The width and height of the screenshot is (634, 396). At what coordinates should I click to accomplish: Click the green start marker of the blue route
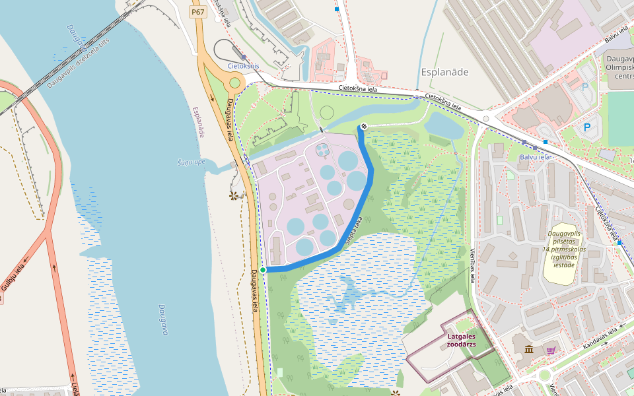coord(263,270)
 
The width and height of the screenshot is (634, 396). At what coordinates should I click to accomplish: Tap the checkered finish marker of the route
coord(362,127)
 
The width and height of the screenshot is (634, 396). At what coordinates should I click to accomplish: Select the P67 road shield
coord(197,12)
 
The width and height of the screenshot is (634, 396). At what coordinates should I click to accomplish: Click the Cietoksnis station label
coord(243,67)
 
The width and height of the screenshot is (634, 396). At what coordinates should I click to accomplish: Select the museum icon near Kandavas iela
coord(528,349)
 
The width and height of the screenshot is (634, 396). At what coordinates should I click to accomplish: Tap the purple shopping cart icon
coord(550,349)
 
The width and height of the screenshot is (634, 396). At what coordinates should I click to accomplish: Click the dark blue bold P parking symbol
coord(586,126)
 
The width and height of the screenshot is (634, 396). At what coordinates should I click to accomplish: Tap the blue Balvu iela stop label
coord(535,157)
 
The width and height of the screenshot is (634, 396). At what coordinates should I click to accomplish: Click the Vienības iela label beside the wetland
coord(473,266)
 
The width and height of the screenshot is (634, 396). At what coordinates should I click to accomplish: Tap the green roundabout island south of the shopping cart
coord(545,376)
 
